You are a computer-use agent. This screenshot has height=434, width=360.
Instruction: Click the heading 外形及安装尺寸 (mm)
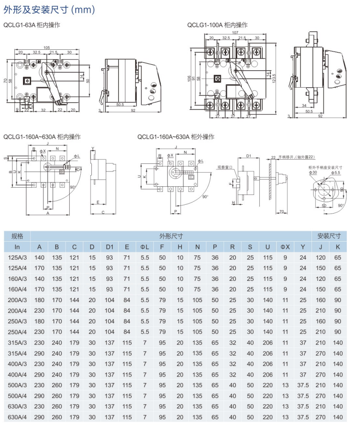pyautogui.click(x=49, y=9)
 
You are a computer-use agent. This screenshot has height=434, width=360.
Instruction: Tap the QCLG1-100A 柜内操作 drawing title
pyautogui.click(x=217, y=25)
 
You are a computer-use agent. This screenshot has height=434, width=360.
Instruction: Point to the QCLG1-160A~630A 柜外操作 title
pyautogui.click(x=176, y=137)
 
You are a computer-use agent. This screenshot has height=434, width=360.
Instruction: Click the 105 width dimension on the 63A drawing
pyautogui.click(x=47, y=48)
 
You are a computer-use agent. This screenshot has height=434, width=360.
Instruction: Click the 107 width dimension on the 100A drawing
pyautogui.click(x=235, y=33)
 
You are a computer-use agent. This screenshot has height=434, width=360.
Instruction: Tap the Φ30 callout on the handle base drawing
pyautogui.click(x=313, y=173)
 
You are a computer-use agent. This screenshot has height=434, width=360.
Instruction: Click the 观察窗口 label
pyautogui.click(x=225, y=167)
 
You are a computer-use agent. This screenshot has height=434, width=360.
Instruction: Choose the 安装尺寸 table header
pyautogui.click(x=329, y=236)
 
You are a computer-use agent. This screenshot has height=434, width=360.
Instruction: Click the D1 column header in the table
pyautogui.click(x=109, y=247)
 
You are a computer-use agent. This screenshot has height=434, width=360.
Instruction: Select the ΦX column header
pyautogui.click(x=285, y=247)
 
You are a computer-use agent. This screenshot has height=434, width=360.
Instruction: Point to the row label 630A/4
pyautogui.click(x=17, y=417)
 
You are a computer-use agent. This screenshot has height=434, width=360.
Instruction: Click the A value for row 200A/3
pyautogui.click(x=40, y=300)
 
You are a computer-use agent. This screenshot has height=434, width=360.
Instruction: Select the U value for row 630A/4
pyautogui.click(x=267, y=417)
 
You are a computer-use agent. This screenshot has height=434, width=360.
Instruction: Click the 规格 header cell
pyautogui.click(x=17, y=236)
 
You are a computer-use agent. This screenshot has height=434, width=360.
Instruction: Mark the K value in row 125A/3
pyautogui.click(x=337, y=257)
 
